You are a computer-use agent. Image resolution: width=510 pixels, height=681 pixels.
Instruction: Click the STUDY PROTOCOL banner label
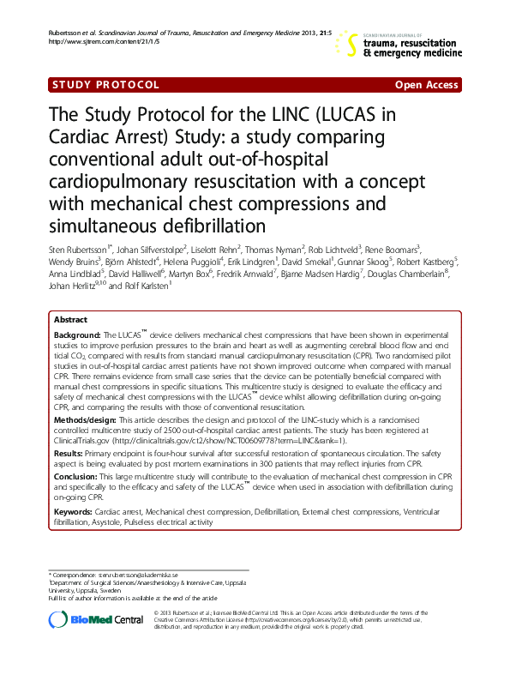click(105, 85)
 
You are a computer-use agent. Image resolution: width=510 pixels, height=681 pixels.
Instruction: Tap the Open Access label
click(426, 85)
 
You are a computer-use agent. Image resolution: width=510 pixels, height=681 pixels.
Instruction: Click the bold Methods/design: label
click(85, 421)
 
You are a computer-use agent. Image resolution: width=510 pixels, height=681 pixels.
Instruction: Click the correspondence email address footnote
click(137, 575)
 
